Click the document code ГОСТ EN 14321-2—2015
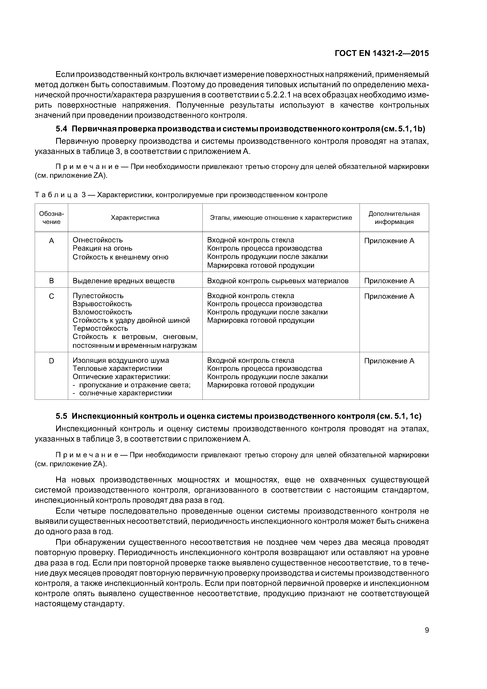pyautogui.click(x=382, y=53)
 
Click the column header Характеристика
pyautogui.click(x=135, y=218)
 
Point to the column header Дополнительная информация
pyautogui.click(x=394, y=218)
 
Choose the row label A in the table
pyautogui.click(x=51, y=241)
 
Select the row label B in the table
pyautogui.click(x=51, y=281)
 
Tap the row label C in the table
pyautogui.click(x=51, y=296)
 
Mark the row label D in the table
pyautogui.click(x=51, y=361)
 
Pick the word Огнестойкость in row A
pyautogui.click(x=98, y=240)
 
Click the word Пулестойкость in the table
pyautogui.click(x=98, y=296)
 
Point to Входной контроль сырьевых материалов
pyautogui.click(x=278, y=281)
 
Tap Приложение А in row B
pyautogui.click(x=389, y=281)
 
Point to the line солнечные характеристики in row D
pyautogui.click(x=125, y=393)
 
